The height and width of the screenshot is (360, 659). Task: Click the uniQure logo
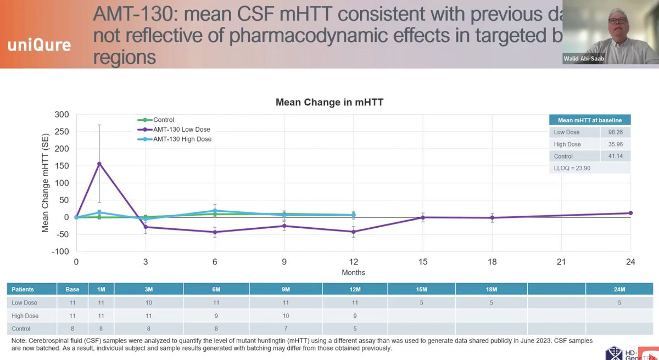point(39,44)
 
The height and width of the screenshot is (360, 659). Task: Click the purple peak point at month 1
point(99,164)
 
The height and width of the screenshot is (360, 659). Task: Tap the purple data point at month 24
point(630,213)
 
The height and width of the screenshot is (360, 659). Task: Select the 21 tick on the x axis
point(561,262)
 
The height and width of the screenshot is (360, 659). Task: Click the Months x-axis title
point(353,272)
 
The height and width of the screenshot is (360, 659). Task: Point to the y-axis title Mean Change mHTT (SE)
point(46,183)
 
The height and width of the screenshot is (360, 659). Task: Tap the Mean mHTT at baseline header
point(589,120)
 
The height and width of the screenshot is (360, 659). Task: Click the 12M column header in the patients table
point(355,289)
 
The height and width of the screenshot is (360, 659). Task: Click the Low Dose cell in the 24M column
point(619,302)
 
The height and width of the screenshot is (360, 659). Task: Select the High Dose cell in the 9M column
point(286,316)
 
